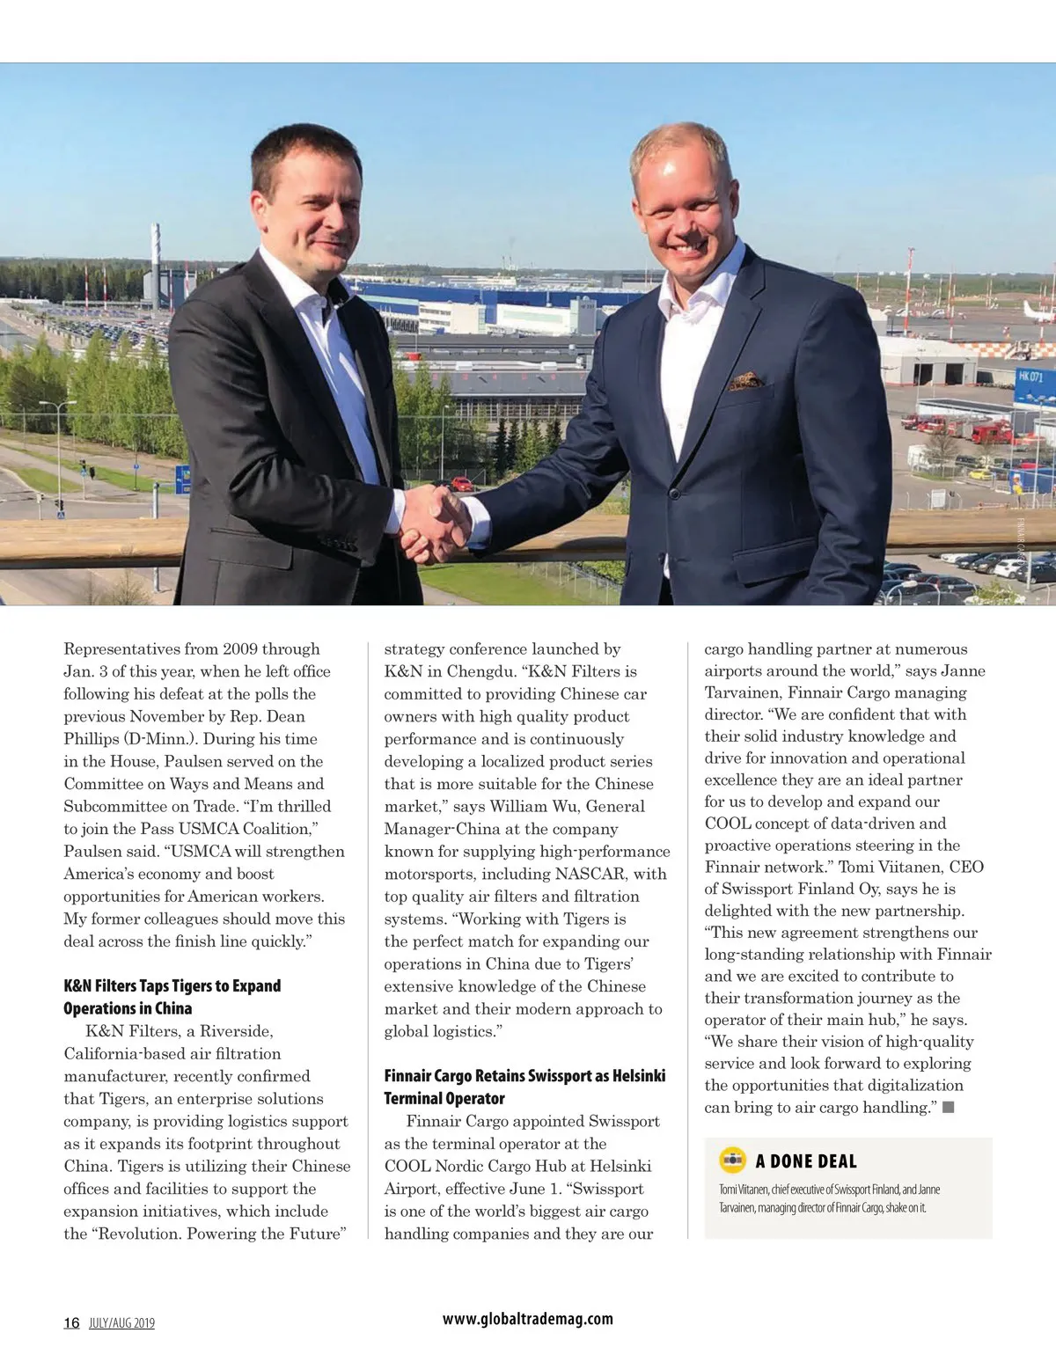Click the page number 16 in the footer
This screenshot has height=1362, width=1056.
click(71, 1322)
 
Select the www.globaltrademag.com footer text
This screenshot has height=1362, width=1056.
click(527, 1318)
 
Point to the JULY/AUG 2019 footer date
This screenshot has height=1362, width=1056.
click(121, 1323)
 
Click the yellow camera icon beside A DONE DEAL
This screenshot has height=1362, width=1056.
click(732, 1161)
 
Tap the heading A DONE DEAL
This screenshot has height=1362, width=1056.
click(805, 1161)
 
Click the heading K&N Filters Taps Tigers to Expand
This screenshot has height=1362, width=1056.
click(172, 985)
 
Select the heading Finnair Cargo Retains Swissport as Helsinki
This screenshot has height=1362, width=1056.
click(524, 1075)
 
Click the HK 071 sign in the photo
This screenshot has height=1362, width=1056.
click(1030, 377)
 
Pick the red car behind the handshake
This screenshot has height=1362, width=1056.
click(462, 483)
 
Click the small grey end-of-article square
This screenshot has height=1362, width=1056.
click(949, 1108)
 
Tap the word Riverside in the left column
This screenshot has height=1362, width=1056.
click(236, 1031)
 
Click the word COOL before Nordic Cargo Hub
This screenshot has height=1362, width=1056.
click(407, 1166)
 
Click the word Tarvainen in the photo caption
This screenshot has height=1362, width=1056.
click(737, 1207)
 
